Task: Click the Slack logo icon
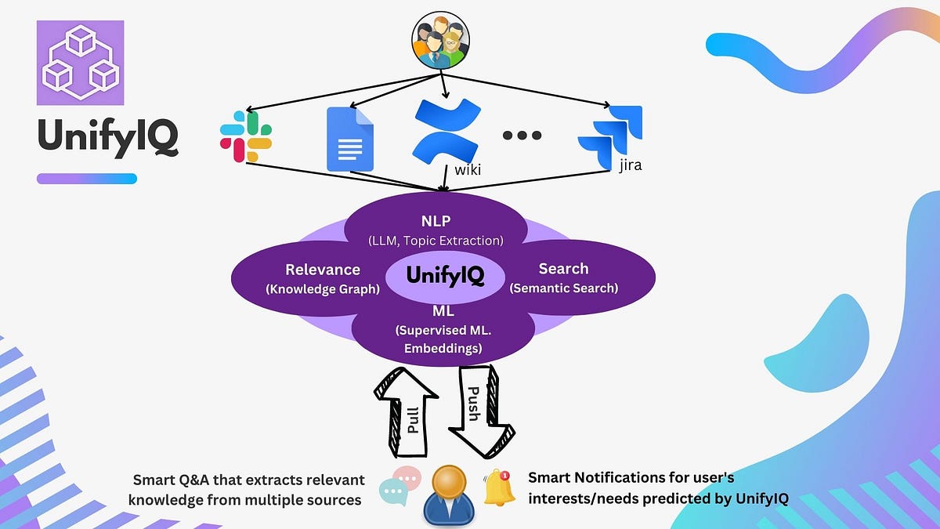point(245,136)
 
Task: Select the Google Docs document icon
point(349,139)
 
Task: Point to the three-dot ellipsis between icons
point(522,136)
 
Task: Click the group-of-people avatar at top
point(440,43)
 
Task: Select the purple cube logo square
point(80,63)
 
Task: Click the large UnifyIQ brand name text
point(107,139)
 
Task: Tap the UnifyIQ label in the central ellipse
point(445,276)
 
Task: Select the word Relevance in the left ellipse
point(323,270)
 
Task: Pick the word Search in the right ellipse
point(563,269)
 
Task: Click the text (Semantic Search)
point(564,288)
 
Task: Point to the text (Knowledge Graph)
point(323,289)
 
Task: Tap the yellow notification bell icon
point(499,487)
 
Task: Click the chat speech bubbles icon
point(399,486)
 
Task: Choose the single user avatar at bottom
point(446,495)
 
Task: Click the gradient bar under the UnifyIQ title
point(87,179)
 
